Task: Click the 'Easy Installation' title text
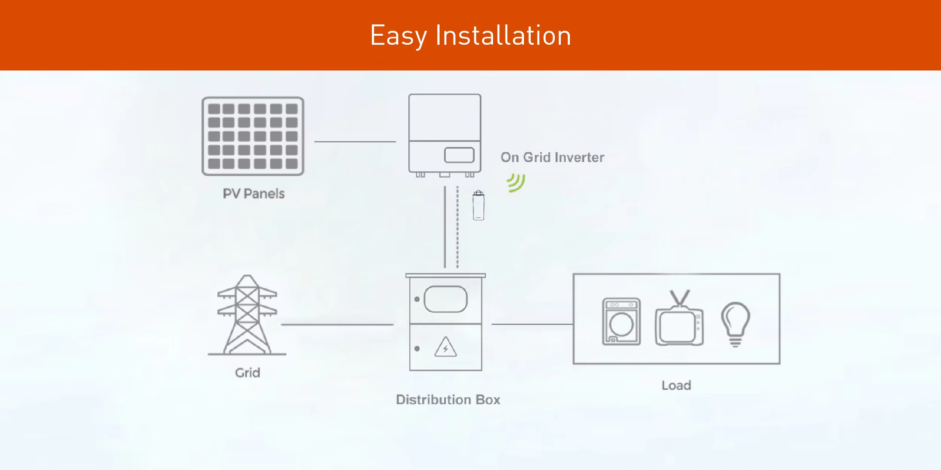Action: coord(470,35)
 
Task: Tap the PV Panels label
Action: coord(254,194)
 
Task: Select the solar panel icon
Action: coord(253,136)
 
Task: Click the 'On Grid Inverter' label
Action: coord(552,157)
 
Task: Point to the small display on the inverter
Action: coord(459,155)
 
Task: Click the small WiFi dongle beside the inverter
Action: coord(478,206)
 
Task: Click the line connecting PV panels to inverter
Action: coord(355,142)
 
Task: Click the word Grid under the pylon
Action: coord(247,373)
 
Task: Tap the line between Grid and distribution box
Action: coord(337,324)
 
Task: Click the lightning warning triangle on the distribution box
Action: coord(446,347)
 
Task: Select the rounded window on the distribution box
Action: coord(446,299)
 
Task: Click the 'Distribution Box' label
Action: coord(448,400)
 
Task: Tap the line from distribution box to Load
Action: coord(532,324)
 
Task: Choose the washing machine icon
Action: coord(621,322)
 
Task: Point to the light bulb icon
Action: coord(735,324)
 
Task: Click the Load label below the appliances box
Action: coord(676,385)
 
